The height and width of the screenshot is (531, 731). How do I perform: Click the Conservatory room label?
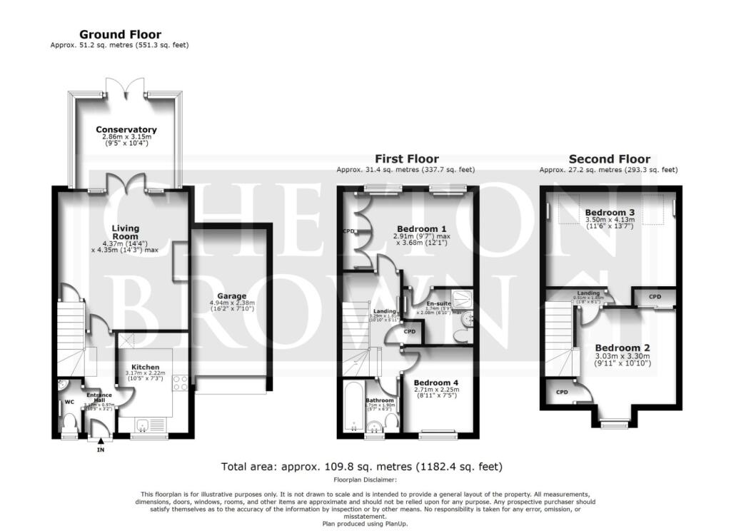126,129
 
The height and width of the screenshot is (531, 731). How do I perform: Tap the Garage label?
232,295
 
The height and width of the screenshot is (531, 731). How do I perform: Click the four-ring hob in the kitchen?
179,382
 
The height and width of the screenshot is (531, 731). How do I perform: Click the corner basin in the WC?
64,385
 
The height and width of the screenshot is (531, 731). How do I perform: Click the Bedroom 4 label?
435,383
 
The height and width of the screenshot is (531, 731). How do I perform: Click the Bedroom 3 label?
610,213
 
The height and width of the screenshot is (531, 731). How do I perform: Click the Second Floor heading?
609,159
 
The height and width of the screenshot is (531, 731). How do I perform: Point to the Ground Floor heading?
120,34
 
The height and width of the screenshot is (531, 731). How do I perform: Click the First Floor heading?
407,159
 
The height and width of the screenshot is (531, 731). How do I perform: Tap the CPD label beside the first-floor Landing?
409,332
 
